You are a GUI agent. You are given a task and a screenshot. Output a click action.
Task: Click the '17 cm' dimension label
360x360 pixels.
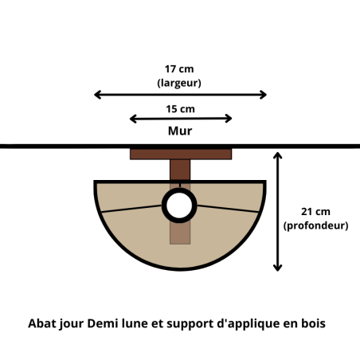point(179,69)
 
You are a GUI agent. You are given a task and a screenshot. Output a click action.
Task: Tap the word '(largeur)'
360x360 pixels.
point(179,83)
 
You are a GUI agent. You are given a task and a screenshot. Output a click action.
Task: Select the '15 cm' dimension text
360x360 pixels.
point(180,109)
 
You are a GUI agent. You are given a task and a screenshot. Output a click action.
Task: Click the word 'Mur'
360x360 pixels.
point(180,131)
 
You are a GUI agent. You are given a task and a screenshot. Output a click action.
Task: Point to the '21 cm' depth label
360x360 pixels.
point(315,212)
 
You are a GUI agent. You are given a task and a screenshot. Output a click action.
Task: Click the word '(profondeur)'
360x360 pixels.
point(315,225)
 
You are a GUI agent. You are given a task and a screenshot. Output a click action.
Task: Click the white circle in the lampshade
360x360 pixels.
point(179,205)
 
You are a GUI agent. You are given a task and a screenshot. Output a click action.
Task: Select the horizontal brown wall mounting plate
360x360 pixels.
point(181,154)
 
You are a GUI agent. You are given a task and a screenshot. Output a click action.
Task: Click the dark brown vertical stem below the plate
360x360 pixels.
point(180,170)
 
